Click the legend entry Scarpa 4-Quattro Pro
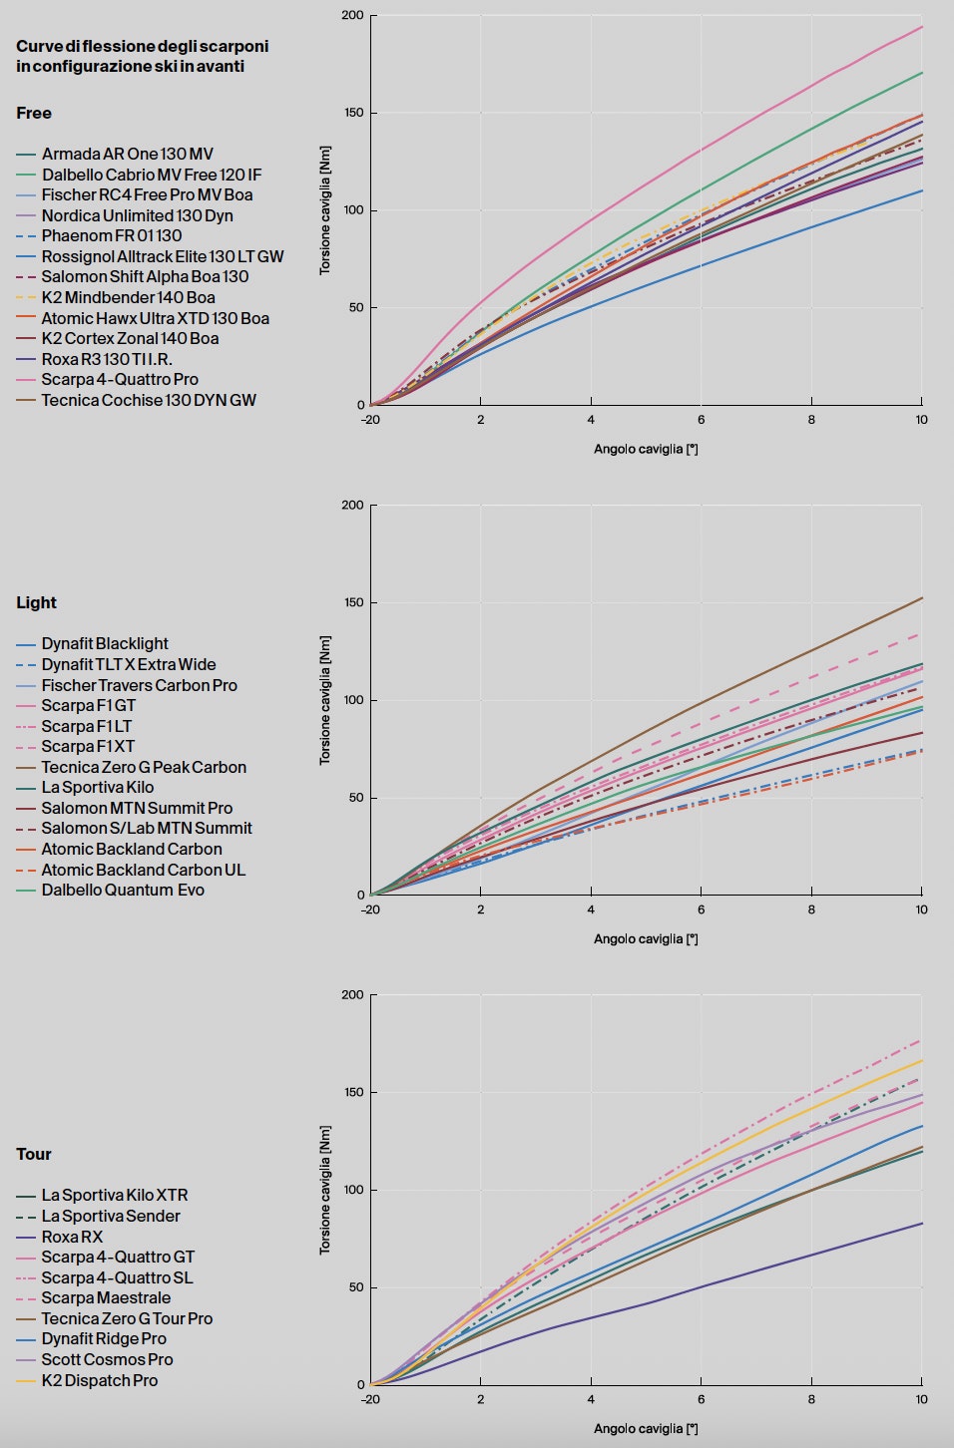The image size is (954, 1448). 119,380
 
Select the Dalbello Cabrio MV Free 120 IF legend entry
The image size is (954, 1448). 151,175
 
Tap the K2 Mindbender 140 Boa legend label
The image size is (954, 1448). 128,297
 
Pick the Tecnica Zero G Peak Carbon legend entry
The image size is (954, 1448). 143,767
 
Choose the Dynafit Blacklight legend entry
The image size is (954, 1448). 104,644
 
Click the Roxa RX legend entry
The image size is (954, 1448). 72,1237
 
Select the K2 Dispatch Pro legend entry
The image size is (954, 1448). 99,1380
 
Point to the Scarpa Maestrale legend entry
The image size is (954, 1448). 106,1298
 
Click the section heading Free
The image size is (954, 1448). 34,114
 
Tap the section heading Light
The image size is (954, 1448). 36,603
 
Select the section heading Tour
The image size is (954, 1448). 33,1155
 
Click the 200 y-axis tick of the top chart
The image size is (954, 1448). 352,16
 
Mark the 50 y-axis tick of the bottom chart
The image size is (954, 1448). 355,1287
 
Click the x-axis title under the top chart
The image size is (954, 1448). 646,450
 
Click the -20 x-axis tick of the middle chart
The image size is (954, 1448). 370,909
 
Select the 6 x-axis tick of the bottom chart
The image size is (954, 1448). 701,1399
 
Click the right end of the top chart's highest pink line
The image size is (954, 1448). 920,28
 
